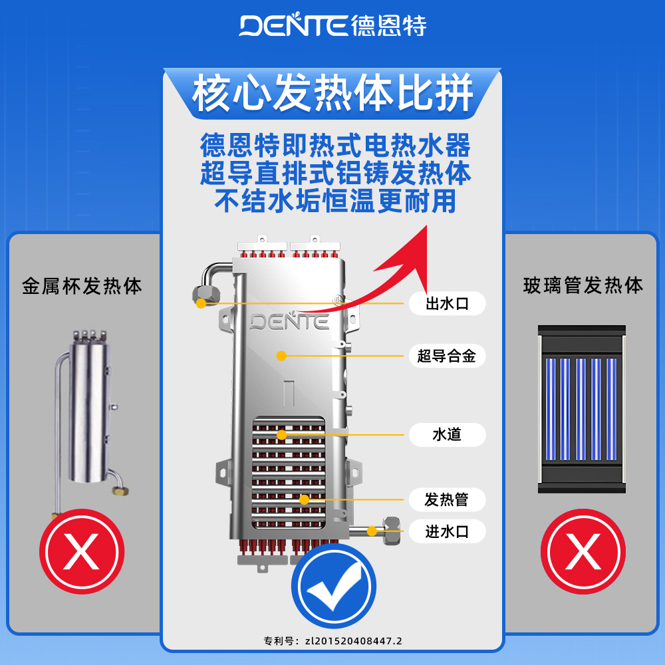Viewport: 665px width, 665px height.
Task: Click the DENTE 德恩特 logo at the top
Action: (x=332, y=25)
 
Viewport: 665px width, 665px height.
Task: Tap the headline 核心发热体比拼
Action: (x=332, y=93)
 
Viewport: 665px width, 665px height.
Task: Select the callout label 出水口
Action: (x=447, y=305)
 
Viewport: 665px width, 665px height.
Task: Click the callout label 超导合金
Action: (x=447, y=356)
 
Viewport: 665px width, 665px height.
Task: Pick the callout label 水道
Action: (x=447, y=436)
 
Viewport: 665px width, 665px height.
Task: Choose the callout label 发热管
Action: (x=447, y=499)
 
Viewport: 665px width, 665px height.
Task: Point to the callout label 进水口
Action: (x=447, y=531)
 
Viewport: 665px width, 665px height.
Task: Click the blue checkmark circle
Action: (x=334, y=586)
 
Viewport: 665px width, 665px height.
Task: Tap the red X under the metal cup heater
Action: (x=82, y=551)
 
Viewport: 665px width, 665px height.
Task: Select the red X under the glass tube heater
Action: (x=583, y=551)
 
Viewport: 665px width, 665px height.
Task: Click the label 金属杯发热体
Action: (x=82, y=287)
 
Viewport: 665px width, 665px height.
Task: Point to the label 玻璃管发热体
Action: (x=583, y=287)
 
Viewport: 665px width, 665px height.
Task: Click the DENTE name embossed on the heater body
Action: (x=289, y=323)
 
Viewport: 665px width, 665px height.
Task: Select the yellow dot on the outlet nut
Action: (x=201, y=304)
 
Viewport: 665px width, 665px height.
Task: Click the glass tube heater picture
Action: (x=583, y=409)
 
